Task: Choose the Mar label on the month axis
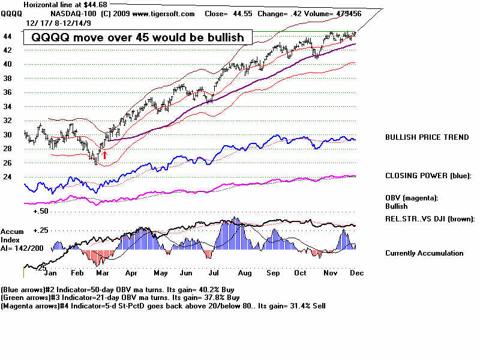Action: point(101,272)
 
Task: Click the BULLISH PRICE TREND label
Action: point(427,137)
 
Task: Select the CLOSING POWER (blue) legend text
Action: point(428,176)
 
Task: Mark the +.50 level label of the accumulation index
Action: point(41,211)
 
